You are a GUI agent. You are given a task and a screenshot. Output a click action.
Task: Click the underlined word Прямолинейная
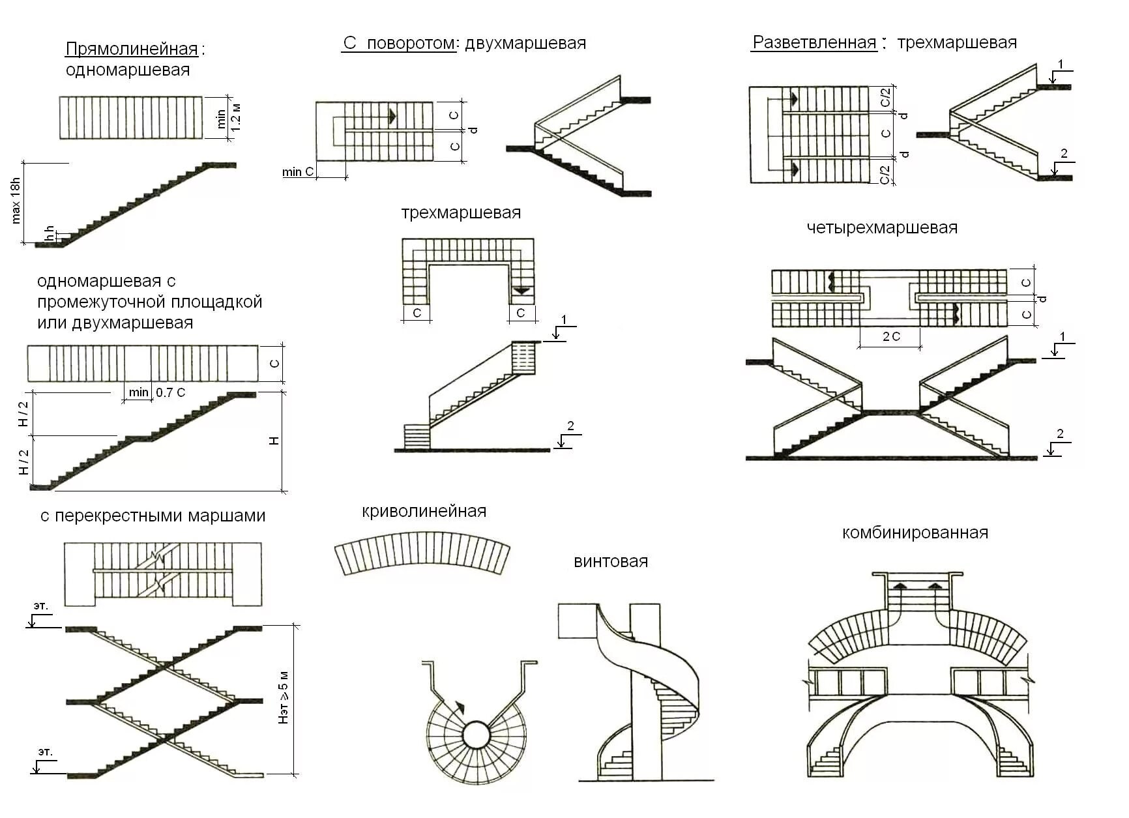(132, 50)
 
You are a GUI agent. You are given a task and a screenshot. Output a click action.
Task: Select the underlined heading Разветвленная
(814, 43)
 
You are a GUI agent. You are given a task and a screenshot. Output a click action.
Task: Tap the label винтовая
(611, 562)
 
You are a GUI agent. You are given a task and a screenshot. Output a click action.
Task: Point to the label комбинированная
(915, 533)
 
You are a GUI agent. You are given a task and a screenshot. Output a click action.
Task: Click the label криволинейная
(424, 511)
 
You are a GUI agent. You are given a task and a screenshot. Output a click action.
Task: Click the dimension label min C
(298, 172)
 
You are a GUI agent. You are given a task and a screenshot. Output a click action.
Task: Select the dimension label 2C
(890, 337)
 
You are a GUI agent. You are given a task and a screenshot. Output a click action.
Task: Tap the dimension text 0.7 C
(171, 392)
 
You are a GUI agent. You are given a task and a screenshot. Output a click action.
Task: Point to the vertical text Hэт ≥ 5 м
(284, 697)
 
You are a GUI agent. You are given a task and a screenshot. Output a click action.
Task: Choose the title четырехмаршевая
(881, 228)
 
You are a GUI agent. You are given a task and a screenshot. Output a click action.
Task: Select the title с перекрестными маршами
(153, 516)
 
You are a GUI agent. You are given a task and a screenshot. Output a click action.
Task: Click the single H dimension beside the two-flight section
(274, 441)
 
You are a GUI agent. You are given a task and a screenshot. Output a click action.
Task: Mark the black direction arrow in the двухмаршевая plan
(392, 116)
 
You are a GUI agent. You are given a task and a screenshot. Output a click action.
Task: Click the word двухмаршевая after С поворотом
(525, 43)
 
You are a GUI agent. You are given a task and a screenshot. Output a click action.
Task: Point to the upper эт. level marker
(40, 606)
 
